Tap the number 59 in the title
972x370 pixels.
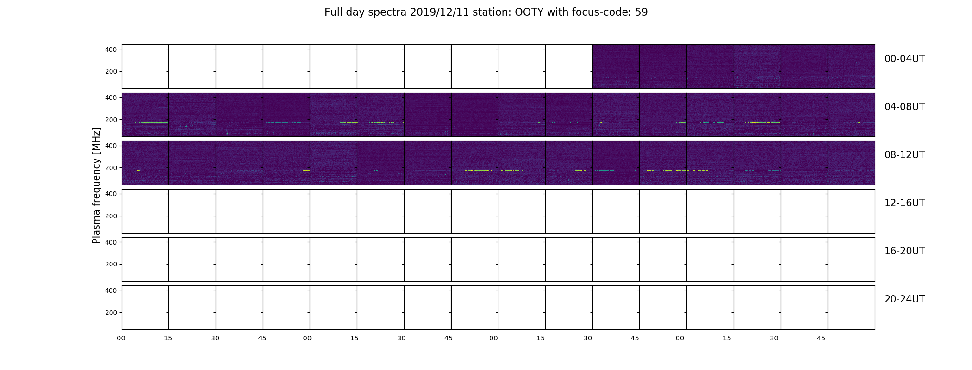pos(641,12)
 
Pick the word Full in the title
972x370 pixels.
pos(333,12)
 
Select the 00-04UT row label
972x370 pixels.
pos(904,59)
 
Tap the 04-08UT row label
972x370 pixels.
pos(904,107)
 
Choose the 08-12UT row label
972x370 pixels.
pos(904,155)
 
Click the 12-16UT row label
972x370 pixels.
pos(904,203)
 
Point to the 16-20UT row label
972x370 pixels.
pos(904,251)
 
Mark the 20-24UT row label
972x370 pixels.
pos(904,299)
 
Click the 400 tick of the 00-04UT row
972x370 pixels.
pos(111,49)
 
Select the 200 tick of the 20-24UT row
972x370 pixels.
pos(111,313)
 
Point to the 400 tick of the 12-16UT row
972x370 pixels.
pos(111,194)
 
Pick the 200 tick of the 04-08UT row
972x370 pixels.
pos(111,120)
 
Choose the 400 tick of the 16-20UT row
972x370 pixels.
pos(111,242)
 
